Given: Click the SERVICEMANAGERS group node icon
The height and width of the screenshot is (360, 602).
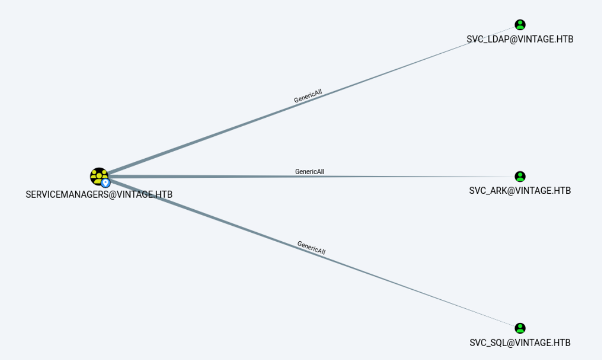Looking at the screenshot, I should pyautogui.click(x=99, y=175).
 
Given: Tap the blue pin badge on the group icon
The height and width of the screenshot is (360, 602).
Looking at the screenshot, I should pyautogui.click(x=105, y=183).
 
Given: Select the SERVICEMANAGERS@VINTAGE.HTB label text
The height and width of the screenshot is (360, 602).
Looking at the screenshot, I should pyautogui.click(x=99, y=194).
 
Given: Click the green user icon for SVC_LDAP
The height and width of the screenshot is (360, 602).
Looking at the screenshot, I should pyautogui.click(x=520, y=24).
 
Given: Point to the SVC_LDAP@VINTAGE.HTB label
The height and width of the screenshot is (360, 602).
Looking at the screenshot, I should pyautogui.click(x=520, y=39).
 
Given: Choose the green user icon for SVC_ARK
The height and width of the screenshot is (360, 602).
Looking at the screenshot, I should pyautogui.click(x=520, y=176).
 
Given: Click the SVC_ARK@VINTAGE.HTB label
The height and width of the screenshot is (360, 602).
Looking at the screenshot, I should pyautogui.click(x=520, y=191).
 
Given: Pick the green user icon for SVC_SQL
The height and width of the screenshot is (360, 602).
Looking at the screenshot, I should pyautogui.click(x=520, y=328).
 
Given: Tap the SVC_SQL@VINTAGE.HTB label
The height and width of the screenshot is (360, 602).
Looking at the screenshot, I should pyautogui.click(x=520, y=342).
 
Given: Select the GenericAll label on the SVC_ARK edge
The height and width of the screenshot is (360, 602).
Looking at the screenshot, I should pyautogui.click(x=310, y=171).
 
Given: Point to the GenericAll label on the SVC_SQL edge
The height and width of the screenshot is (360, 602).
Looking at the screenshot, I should pyautogui.click(x=311, y=247).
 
